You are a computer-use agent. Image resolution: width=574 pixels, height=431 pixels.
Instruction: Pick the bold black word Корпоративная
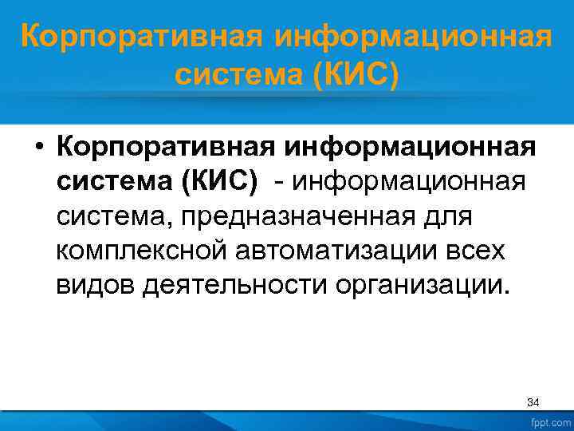(x=171, y=148)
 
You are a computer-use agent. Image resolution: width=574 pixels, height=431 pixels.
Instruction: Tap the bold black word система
(x=113, y=183)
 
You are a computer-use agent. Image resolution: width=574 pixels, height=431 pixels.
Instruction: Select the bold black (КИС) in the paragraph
(x=220, y=183)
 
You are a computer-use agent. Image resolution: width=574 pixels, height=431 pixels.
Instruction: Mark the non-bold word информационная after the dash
(x=408, y=183)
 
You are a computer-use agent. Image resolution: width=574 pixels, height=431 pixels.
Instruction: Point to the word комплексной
(x=140, y=251)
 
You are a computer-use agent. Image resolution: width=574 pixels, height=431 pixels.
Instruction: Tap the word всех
(x=476, y=251)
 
